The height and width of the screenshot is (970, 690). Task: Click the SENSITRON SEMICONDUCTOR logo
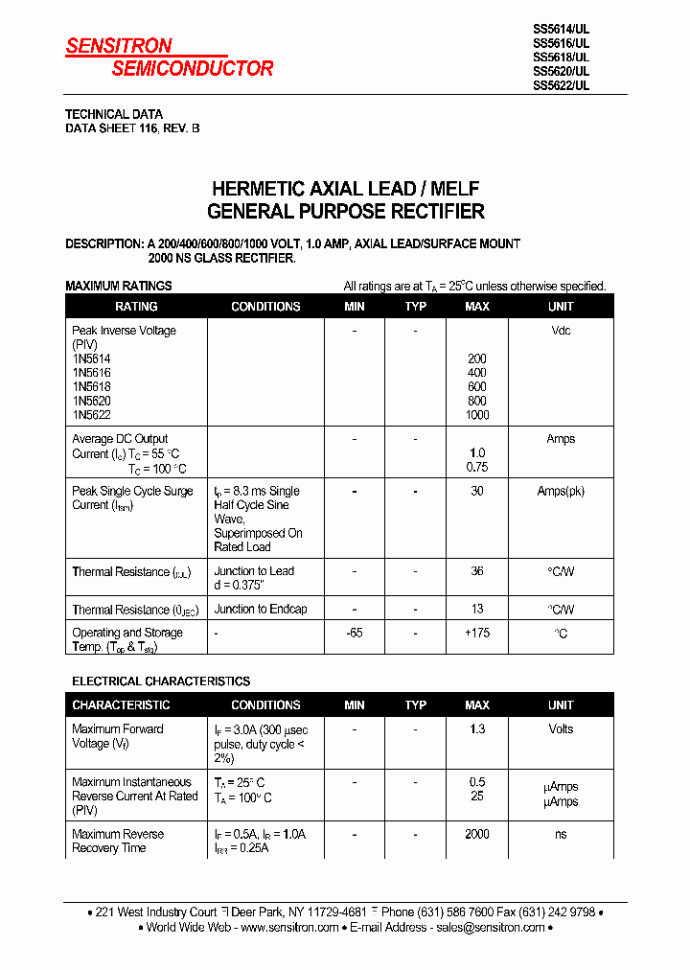coord(169,58)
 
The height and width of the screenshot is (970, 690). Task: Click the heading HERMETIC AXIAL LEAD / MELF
coord(345,189)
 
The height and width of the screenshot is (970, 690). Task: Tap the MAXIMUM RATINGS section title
coord(118,286)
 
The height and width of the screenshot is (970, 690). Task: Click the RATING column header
coord(136,307)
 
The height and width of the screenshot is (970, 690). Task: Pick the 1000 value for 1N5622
coord(476,415)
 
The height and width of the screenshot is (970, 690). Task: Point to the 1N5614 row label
coord(91,358)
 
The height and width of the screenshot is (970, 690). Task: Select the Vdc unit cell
coord(561,331)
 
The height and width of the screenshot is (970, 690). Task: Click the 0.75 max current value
coord(476,468)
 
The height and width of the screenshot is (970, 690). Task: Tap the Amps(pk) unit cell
coord(561,491)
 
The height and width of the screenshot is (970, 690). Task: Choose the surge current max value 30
coord(476,491)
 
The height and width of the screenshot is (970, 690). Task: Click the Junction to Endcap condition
coord(261,610)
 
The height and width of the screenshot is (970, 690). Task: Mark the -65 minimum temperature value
coord(354,634)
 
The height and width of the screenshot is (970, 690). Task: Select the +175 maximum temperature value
coord(476,634)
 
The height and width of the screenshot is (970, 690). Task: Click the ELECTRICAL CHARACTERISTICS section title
coord(161,681)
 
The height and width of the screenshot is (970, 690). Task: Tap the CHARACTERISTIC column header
coord(121,705)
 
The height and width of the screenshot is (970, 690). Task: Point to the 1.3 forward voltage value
coord(476,729)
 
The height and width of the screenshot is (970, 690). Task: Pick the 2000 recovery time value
coord(476,835)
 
